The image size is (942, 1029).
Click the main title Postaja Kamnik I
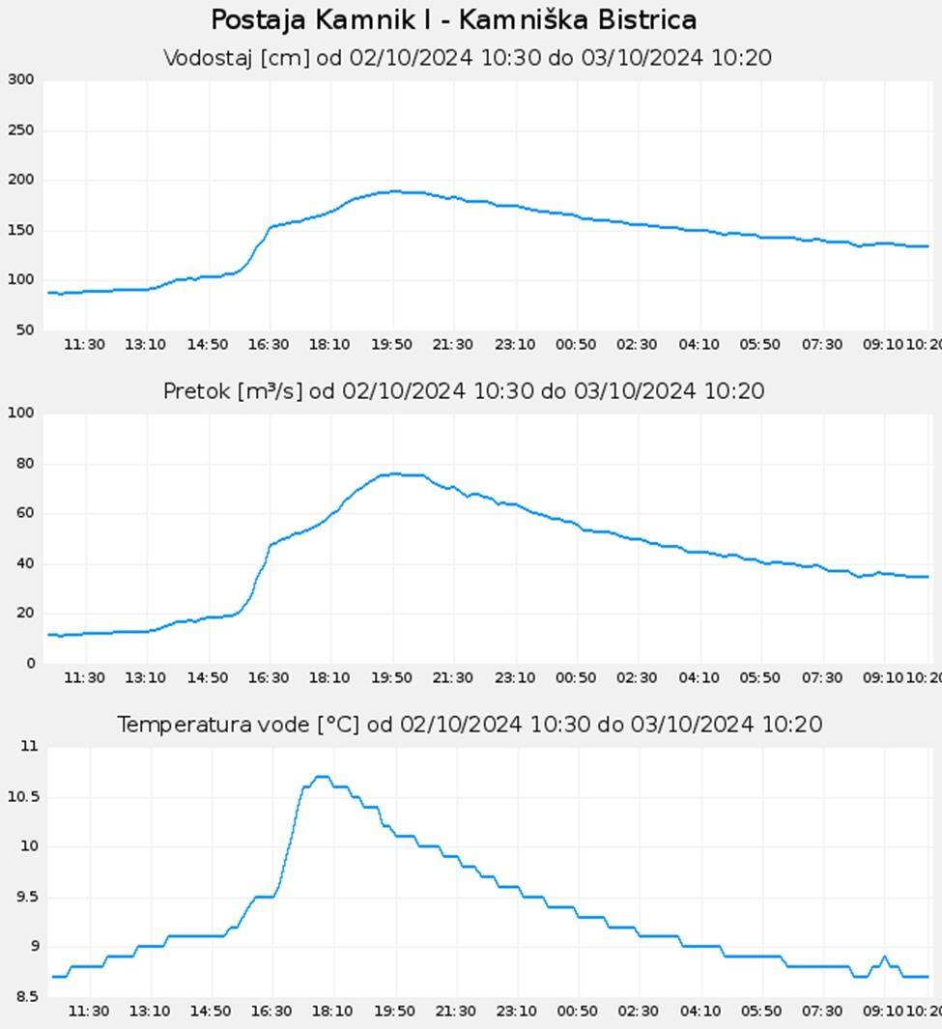pos(453,20)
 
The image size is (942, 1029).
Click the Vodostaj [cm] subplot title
pos(468,58)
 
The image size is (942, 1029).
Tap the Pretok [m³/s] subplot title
pos(464,391)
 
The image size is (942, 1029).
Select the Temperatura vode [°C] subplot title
pos(470,725)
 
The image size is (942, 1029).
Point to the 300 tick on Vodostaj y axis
pos(20,80)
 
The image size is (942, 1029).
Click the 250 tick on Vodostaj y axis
pos(20,130)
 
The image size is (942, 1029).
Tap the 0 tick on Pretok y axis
pos(29,664)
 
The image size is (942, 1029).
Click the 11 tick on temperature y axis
pos(28,747)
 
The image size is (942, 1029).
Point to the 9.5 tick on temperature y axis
pos(25,897)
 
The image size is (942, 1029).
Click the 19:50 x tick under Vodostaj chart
pos(391,345)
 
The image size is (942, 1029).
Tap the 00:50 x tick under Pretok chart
pos(576,678)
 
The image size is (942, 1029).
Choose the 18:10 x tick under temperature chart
pos(331,1012)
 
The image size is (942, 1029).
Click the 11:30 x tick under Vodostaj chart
pos(85,345)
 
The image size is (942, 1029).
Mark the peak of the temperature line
pos(323,776)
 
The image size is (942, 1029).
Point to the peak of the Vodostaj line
pos(394,191)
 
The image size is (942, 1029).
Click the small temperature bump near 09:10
pos(884,958)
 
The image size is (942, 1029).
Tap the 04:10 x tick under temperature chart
pos(699,1012)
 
